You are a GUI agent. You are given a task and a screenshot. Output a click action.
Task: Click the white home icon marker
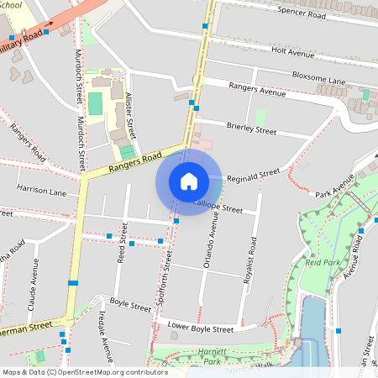pyautogui.click(x=189, y=181)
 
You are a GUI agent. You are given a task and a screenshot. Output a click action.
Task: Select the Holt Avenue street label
pyautogui.click(x=292, y=53)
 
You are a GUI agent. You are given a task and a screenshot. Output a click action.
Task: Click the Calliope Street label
pyautogui.click(x=218, y=207)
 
